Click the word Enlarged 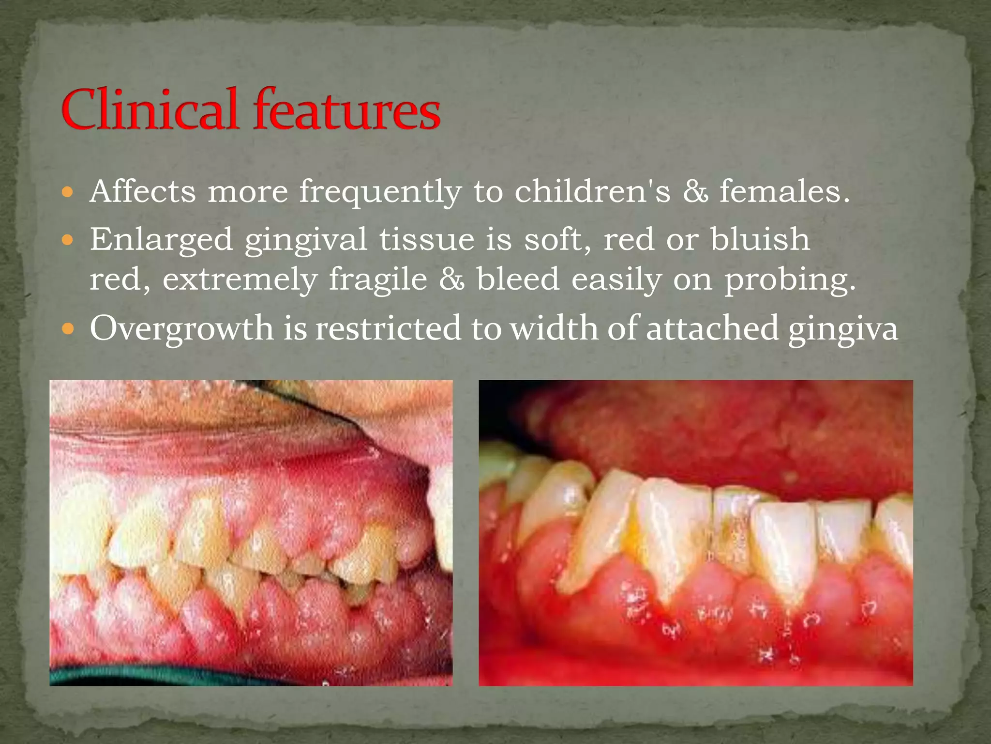(x=161, y=239)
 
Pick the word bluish (x=760, y=239)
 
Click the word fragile (x=378, y=279)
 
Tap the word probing (x=790, y=280)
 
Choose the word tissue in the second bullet (x=426, y=239)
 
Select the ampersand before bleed (x=451, y=279)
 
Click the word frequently (x=380, y=192)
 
